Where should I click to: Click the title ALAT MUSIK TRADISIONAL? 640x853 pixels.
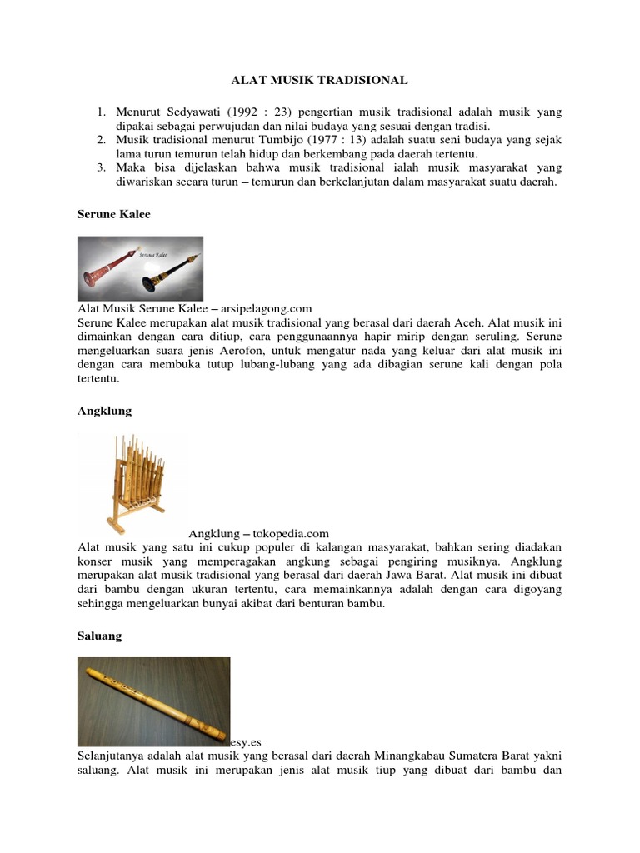coord(319,81)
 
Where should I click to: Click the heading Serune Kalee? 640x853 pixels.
coord(114,214)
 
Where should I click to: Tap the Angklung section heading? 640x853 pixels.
coord(104,412)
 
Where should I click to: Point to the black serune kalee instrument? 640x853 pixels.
coord(172,267)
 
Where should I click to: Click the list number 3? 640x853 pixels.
coord(100,167)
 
